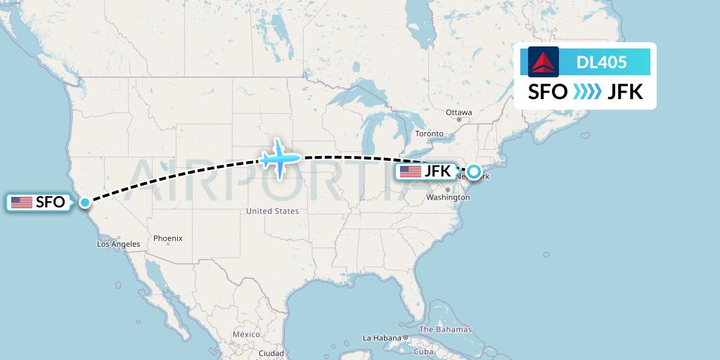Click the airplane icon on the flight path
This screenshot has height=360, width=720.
[280, 159]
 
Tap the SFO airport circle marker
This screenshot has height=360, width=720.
[85, 202]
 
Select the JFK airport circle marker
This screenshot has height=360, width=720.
[475, 171]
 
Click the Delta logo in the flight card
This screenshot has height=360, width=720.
[544, 62]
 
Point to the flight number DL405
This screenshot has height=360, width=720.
[601, 62]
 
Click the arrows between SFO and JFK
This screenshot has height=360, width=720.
[587, 92]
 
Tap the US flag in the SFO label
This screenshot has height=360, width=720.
[22, 202]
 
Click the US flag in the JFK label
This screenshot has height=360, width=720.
[410, 171]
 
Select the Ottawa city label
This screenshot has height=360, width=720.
[458, 112]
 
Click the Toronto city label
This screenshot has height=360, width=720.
[429, 134]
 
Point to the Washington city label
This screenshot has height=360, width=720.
[447, 198]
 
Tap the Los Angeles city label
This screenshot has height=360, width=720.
[118, 244]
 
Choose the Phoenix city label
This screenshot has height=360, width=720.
[167, 238]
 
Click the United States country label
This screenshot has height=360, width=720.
[272, 211]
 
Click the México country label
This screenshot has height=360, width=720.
[247, 334]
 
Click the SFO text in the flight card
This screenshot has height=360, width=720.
[548, 92]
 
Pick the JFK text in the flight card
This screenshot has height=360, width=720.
[625, 92]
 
